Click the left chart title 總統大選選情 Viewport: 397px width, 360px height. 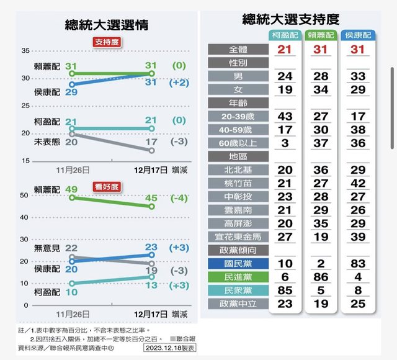click(106, 25)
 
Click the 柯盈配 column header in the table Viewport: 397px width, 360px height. click(285, 35)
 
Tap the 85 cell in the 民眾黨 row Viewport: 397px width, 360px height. click(285, 290)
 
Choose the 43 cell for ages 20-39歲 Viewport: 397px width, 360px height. click(285, 116)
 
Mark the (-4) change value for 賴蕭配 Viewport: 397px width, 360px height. click(179, 198)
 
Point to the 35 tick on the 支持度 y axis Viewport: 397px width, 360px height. click(25, 50)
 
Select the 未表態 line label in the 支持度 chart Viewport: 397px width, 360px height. click(47, 142)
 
